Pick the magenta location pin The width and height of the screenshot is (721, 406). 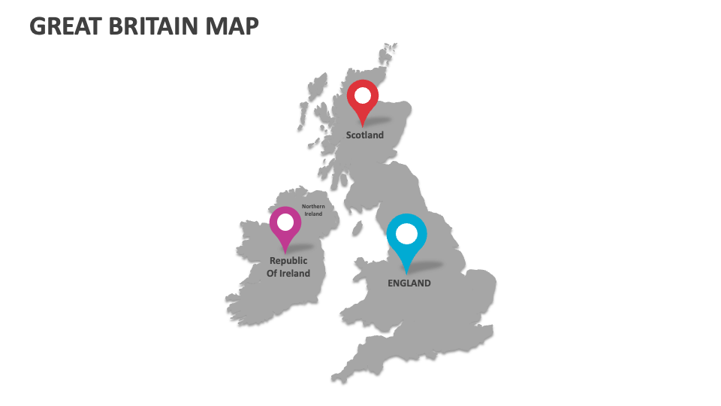click(285, 226)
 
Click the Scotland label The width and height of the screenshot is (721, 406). click(364, 135)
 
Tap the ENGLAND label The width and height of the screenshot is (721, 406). click(409, 283)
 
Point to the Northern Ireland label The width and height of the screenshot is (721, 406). click(313, 210)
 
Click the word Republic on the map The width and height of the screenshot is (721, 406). click(288, 261)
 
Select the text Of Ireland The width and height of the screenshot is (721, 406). click(288, 274)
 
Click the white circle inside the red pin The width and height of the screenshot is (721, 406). click(363, 95)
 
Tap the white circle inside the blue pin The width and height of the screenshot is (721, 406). click(406, 234)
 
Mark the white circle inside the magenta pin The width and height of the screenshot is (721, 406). click(285, 222)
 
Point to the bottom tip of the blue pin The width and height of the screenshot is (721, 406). click(406, 272)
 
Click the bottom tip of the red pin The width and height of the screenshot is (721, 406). click(363, 126)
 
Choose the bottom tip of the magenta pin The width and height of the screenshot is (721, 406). click(285, 251)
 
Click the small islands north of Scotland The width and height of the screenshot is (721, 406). click(388, 53)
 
